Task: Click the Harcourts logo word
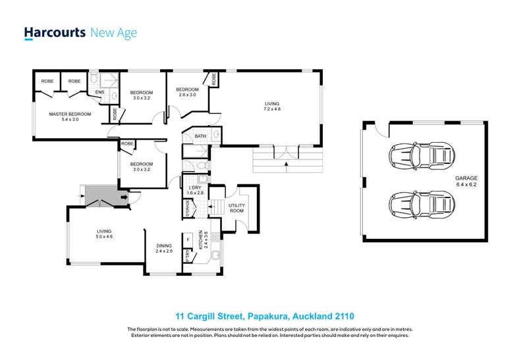coord(55,34)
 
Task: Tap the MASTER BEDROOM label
coord(70,114)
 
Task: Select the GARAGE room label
coord(466,178)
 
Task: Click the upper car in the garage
coord(422,156)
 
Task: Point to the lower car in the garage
coord(422,205)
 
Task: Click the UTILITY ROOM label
coord(236,208)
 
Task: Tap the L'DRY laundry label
coord(194,188)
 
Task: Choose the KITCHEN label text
coord(201,240)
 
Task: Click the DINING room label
coord(164,246)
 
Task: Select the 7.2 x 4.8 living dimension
coord(272,109)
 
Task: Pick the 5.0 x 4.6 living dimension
coord(104,236)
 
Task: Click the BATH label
coord(200,136)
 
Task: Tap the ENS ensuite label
coord(100,92)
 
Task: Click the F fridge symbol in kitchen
coord(188,240)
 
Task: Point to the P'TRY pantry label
coord(188,256)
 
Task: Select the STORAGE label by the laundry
coord(188,209)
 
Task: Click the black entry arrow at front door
coord(125,197)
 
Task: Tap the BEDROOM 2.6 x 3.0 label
coord(187,92)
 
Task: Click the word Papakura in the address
coord(268,317)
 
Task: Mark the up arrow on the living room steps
coord(287,167)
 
